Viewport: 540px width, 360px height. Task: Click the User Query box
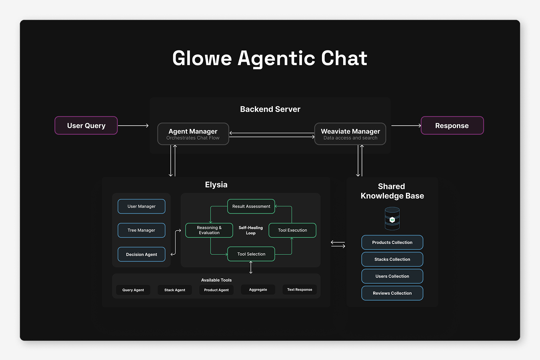tap(86, 126)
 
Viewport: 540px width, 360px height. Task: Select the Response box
tap(452, 126)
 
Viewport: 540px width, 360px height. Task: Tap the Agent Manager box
tap(193, 134)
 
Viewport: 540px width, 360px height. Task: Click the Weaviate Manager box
tap(350, 134)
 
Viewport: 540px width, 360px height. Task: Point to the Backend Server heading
tap(270, 109)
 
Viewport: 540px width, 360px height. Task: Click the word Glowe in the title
tap(202, 58)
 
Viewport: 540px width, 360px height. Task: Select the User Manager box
tap(142, 206)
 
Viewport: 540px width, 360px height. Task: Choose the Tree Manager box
tap(142, 230)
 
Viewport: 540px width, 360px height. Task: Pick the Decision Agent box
tap(142, 254)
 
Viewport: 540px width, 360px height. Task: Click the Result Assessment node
tap(251, 206)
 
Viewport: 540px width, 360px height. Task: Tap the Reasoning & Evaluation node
tap(209, 230)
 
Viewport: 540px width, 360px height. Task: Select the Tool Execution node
tap(292, 230)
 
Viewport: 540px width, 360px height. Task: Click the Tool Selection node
tap(251, 254)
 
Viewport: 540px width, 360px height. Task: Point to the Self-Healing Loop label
tap(251, 230)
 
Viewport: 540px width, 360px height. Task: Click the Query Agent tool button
tap(133, 290)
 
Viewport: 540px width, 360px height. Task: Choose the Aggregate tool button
tap(258, 290)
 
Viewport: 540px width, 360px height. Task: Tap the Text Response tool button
tap(300, 290)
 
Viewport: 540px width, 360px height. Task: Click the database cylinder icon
tap(392, 218)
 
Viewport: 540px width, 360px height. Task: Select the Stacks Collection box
tap(392, 259)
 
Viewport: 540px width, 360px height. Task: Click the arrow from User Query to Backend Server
tap(133, 126)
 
